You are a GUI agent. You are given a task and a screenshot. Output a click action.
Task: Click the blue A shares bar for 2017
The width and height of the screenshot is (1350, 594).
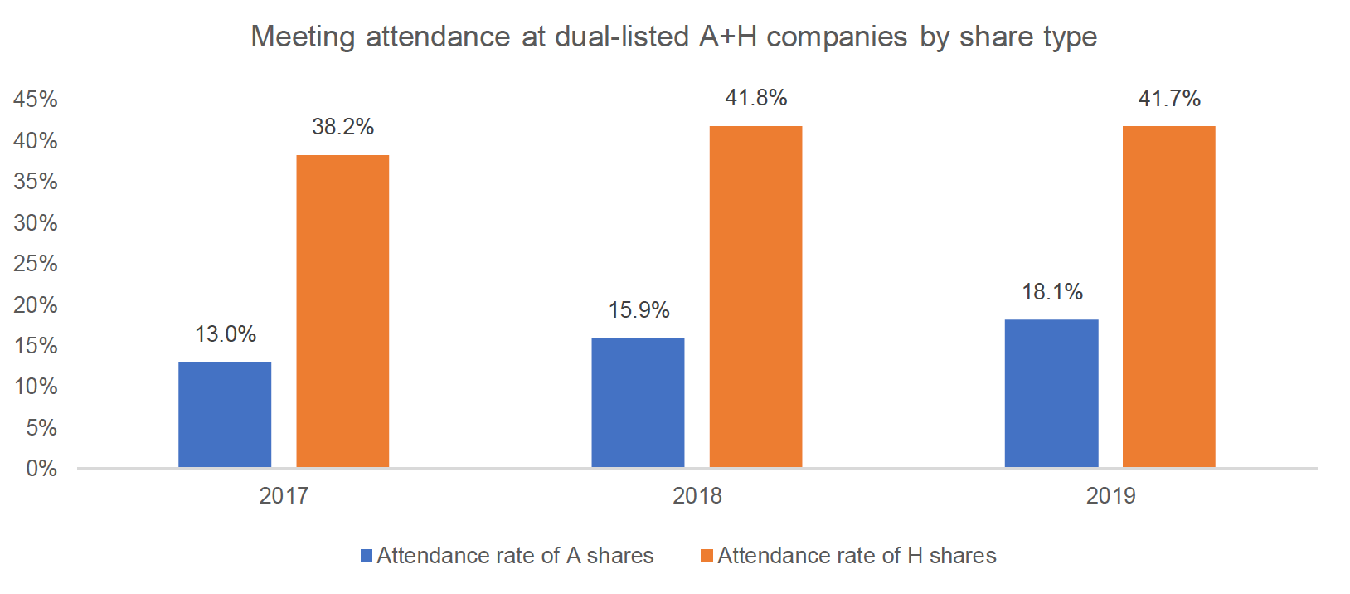225,414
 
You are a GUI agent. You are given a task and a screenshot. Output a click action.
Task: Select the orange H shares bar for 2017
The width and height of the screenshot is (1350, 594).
342,311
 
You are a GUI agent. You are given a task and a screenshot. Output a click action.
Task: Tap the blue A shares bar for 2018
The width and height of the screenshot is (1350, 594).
638,403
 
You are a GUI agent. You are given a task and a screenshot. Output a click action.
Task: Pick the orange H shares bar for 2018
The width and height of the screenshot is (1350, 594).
755,297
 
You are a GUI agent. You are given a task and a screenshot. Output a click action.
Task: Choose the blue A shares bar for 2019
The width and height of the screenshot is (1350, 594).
1051,393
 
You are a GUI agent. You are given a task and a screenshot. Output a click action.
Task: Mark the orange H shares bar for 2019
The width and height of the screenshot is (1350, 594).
1168,297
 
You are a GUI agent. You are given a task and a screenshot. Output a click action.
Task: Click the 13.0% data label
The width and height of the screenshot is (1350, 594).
226,334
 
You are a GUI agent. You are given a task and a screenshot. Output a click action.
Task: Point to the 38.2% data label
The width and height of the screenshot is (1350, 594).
343,127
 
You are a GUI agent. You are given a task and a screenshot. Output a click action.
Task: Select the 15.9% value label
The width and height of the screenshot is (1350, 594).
639,310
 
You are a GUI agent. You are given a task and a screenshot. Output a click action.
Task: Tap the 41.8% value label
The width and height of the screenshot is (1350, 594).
755,98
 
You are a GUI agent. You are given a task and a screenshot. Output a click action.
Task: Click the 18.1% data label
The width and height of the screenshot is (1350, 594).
1052,292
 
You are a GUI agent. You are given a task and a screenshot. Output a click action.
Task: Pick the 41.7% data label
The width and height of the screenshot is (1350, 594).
1169,98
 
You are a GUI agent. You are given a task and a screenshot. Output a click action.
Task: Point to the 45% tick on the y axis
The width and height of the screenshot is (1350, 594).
36,100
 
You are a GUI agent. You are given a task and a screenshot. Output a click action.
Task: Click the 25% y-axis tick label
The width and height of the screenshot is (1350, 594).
36,264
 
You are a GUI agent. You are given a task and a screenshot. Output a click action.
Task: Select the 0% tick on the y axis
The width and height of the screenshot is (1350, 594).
41,468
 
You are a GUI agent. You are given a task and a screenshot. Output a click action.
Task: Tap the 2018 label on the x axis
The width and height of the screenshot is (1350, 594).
697,496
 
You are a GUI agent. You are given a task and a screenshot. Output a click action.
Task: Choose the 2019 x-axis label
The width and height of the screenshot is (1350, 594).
1110,496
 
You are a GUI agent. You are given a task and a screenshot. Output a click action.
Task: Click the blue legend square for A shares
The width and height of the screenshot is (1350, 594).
367,555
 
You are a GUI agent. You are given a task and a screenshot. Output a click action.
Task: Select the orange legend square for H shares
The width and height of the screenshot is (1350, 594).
707,555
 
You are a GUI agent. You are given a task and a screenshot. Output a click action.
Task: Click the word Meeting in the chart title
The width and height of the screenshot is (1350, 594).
303,37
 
